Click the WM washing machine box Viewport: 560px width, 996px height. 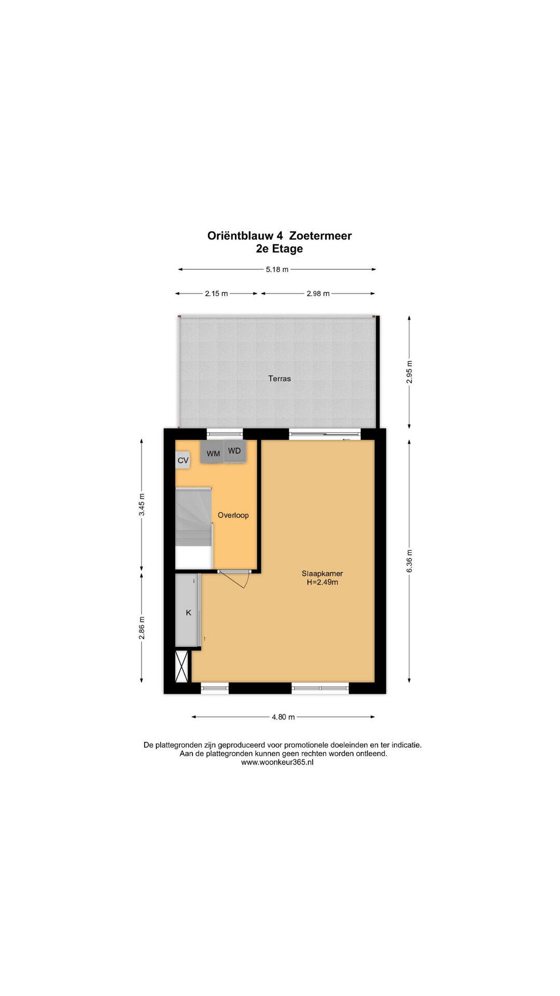213,452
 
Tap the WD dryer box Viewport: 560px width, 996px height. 235,451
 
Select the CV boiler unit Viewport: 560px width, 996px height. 183,460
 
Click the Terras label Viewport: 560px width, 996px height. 279,379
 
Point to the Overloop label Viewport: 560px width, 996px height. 233,515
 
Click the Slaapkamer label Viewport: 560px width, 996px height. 323,574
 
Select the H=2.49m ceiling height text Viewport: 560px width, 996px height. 323,583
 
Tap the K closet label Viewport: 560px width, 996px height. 189,613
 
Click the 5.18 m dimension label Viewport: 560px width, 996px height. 277,270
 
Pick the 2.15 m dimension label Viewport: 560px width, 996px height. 216,294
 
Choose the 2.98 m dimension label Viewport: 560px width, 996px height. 318,294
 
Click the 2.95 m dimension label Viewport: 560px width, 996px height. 410,372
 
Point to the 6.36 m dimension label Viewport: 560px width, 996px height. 410,561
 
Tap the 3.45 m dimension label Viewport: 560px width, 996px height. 142,505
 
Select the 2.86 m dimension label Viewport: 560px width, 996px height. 142,628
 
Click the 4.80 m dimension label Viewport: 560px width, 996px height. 283,717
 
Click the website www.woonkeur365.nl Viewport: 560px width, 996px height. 277,763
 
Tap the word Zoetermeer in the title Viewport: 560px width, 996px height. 320,236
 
